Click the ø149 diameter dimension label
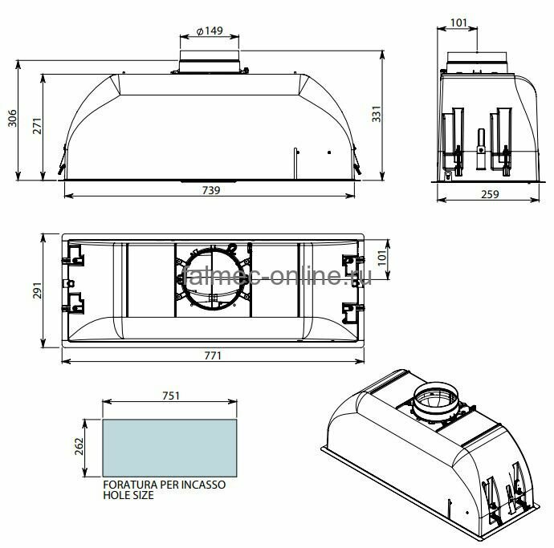pos(210,30)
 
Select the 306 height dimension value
pos(12,118)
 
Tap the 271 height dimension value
pos(37,126)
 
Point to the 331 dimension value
pos(377,114)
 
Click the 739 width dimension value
pos(211,190)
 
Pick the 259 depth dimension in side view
pos(490,194)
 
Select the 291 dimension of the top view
pos(37,290)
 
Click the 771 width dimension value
pos(213,355)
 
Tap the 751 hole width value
pos(171,396)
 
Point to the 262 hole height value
pos(79,446)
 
